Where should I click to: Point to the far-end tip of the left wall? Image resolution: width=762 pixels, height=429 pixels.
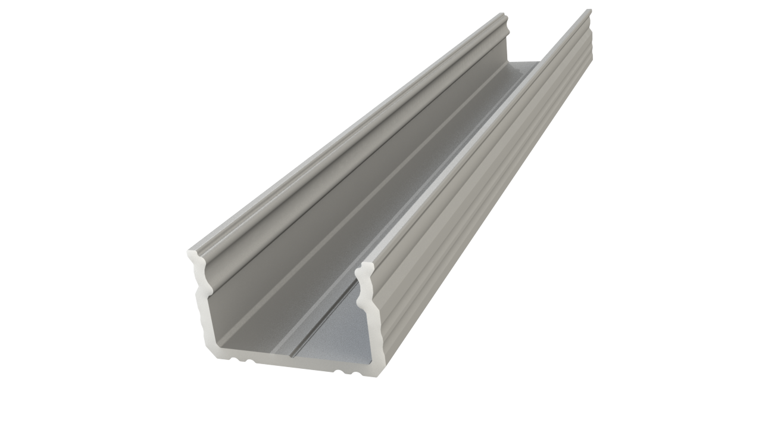coord(504,15)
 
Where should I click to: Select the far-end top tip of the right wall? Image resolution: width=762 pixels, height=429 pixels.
coord(589,10)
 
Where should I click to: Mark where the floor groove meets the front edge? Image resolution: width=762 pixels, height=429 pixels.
coord(291,356)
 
